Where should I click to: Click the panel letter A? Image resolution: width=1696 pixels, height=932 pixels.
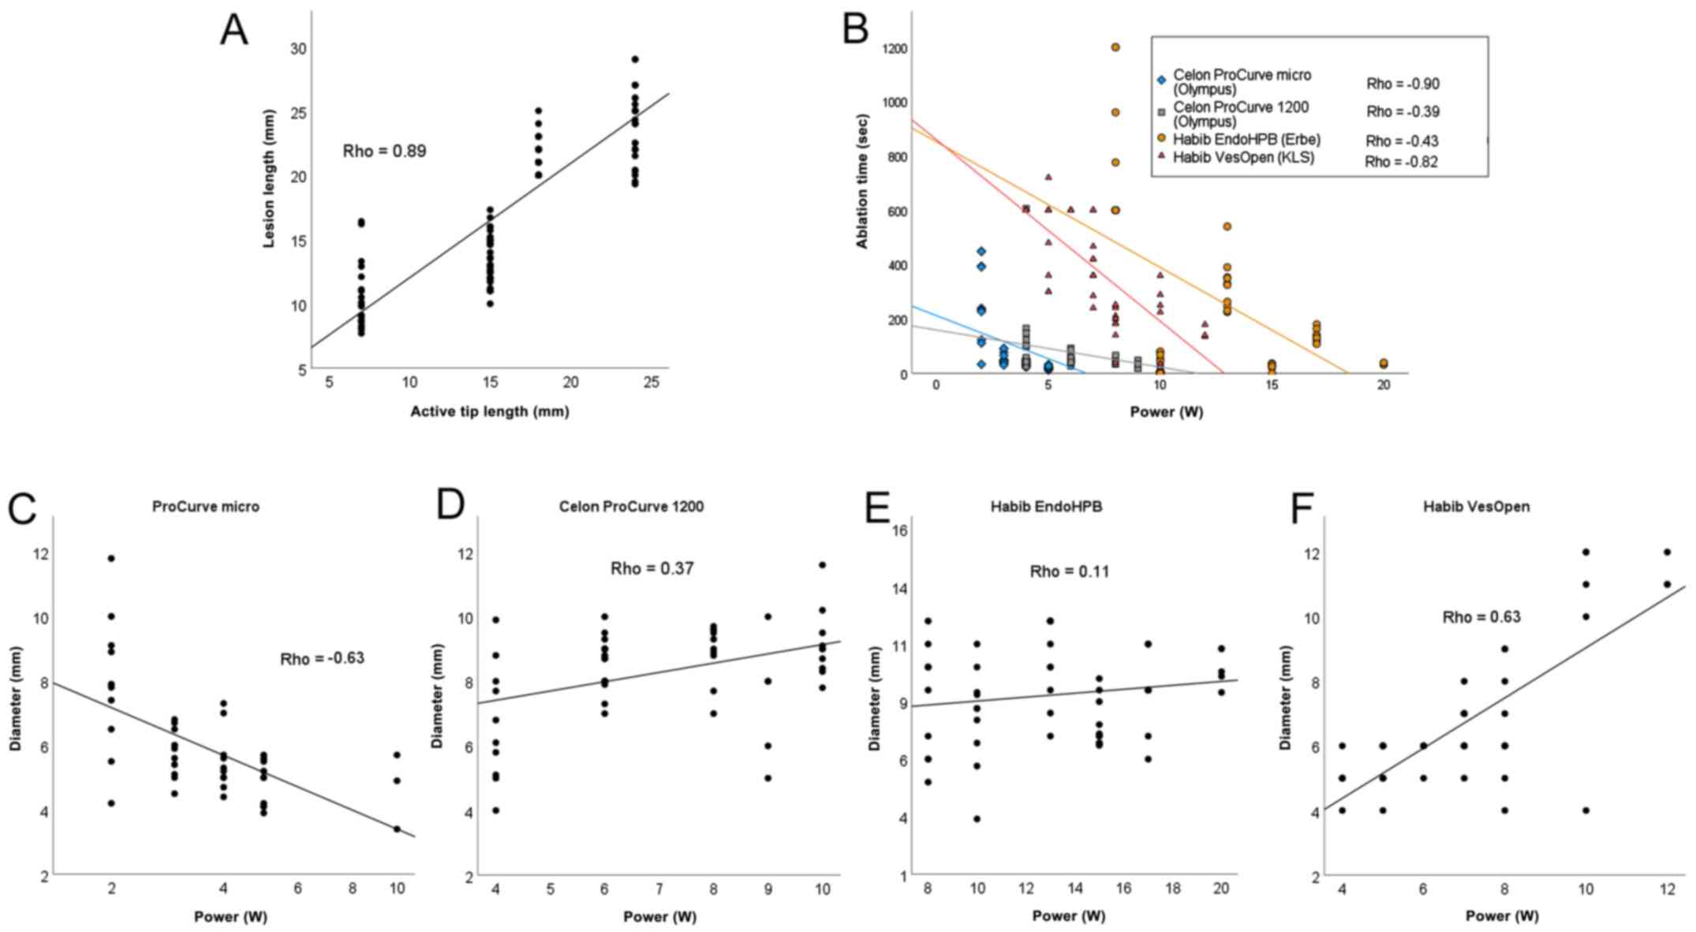[x=233, y=32]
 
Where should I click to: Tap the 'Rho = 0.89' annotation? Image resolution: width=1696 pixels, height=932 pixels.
[x=384, y=151]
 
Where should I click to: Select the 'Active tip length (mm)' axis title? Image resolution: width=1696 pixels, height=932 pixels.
[x=489, y=411]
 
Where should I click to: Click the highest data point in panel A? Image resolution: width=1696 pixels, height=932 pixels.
[x=635, y=59]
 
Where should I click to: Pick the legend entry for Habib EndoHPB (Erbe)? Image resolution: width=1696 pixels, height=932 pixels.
[x=1246, y=140]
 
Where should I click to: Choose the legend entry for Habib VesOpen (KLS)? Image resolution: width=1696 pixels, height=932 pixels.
[x=1243, y=157]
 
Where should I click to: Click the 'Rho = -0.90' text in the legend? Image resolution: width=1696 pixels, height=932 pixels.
[x=1403, y=84]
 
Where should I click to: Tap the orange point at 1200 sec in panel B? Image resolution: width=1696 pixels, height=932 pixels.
[x=1115, y=47]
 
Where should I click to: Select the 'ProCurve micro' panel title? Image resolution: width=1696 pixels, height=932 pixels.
[x=206, y=507]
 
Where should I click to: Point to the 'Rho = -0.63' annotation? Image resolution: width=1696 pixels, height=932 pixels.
[x=322, y=658]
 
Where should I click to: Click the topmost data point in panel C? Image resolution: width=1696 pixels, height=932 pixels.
[x=111, y=558]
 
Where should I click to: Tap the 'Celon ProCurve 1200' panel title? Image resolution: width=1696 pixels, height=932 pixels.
[x=631, y=507]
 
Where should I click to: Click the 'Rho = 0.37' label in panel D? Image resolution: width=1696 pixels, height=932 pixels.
[x=652, y=568]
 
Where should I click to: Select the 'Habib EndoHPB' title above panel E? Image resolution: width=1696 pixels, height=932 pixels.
[x=1046, y=507]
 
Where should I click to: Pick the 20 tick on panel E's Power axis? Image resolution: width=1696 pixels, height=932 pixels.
[x=1221, y=889]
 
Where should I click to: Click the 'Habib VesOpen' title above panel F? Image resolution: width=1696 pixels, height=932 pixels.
[x=1476, y=507]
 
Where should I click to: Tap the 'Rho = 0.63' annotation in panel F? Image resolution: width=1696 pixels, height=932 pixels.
[x=1481, y=617]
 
